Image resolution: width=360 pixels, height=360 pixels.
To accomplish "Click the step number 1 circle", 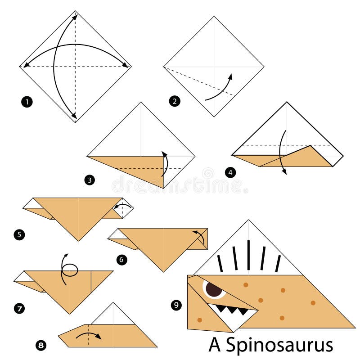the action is (27, 102).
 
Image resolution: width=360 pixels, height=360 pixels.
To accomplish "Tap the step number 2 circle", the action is (174, 101).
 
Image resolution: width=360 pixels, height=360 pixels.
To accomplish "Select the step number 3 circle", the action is (89, 180).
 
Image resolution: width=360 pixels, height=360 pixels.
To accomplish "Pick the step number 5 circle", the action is (19, 234).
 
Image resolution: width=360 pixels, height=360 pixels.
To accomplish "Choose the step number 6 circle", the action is (121, 259).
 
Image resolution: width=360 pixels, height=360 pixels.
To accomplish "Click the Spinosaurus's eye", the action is (214, 289).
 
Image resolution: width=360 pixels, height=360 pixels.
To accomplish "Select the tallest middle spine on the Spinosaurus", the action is (248, 255).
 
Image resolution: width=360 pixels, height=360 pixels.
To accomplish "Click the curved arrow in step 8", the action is (88, 335).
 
